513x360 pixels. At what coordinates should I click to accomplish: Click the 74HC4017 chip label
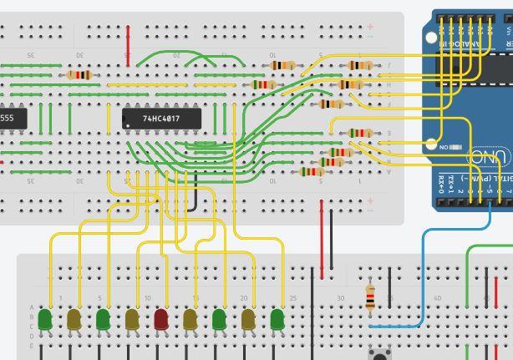(161, 119)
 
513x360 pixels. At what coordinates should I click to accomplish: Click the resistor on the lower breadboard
(371, 297)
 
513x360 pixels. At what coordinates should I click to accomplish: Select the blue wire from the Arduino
(424, 276)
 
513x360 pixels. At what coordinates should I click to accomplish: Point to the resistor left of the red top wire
(79, 75)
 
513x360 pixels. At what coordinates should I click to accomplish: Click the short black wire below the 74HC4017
(196, 196)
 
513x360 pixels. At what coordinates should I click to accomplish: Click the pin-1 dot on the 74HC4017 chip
(127, 125)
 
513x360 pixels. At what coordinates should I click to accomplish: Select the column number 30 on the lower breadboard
(340, 298)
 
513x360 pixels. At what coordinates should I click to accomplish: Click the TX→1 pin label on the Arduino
(453, 180)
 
